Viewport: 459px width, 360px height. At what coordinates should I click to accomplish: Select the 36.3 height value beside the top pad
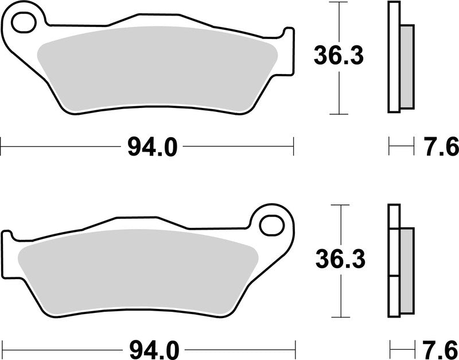tap(339, 56)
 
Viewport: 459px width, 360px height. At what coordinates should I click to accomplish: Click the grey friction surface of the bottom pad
tap(138, 270)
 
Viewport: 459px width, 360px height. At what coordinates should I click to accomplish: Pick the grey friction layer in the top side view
tap(406, 66)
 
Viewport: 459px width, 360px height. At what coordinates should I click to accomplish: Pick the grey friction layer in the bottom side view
tap(406, 270)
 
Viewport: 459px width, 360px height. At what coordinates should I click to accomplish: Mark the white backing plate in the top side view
tap(394, 57)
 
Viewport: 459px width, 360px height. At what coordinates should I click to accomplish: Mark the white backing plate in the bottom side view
tap(393, 261)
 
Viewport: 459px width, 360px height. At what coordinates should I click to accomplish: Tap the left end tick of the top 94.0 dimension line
tap(1, 146)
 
